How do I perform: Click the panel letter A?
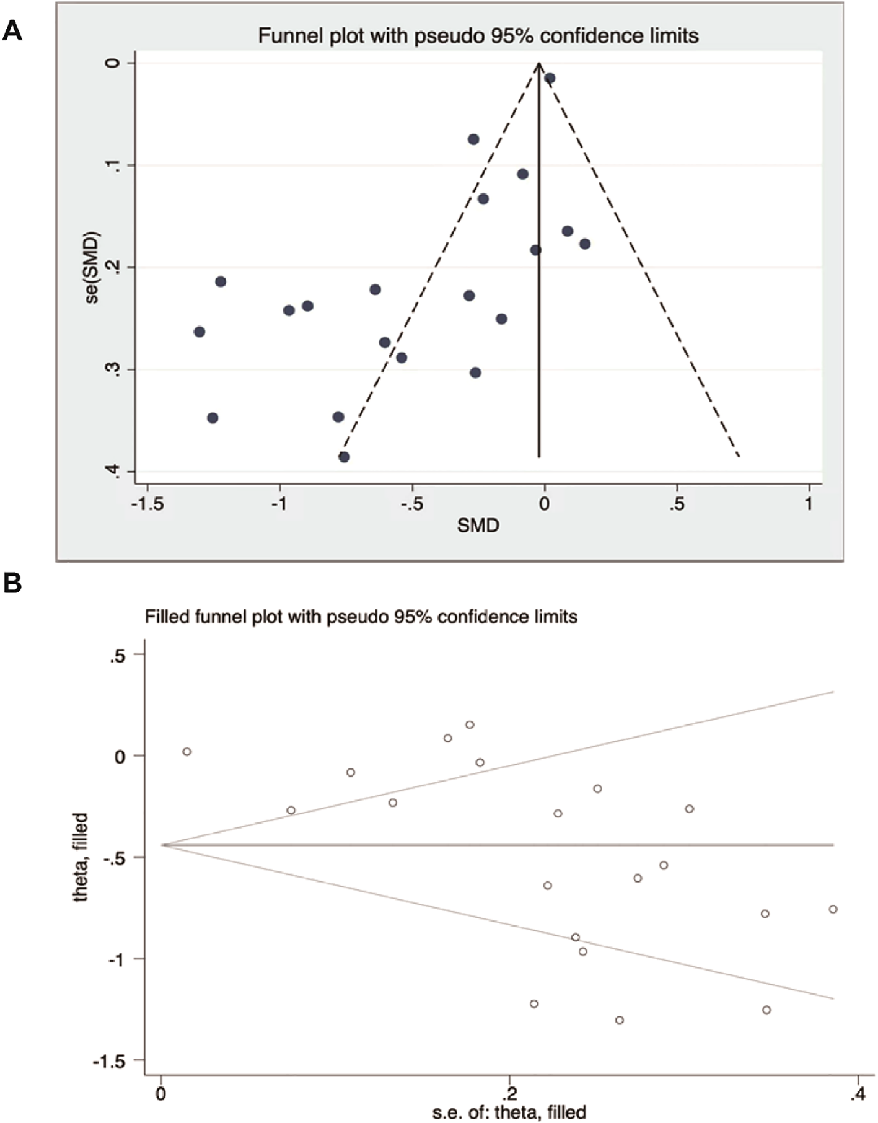[x=12, y=30]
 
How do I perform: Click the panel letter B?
[x=12, y=583]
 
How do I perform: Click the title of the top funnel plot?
[x=478, y=36]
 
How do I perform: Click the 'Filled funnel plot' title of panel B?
[x=361, y=617]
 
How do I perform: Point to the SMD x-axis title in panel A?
[x=478, y=526]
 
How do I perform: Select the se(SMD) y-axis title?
[x=92, y=267]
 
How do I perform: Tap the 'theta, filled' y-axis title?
[x=81, y=857]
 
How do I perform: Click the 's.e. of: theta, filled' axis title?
[x=509, y=1112]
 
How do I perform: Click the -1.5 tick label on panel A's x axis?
[x=147, y=504]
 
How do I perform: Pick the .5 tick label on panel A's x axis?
[x=677, y=504]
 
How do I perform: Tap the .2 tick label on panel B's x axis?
[x=509, y=1094]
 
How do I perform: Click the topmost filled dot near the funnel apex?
[x=550, y=78]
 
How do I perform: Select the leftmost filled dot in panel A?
[x=199, y=332]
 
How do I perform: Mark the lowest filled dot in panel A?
[x=344, y=457]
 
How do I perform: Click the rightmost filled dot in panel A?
[x=584, y=244]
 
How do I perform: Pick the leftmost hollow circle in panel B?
[x=187, y=752]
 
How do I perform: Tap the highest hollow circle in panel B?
[x=470, y=724]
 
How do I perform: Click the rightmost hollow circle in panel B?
[x=833, y=909]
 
